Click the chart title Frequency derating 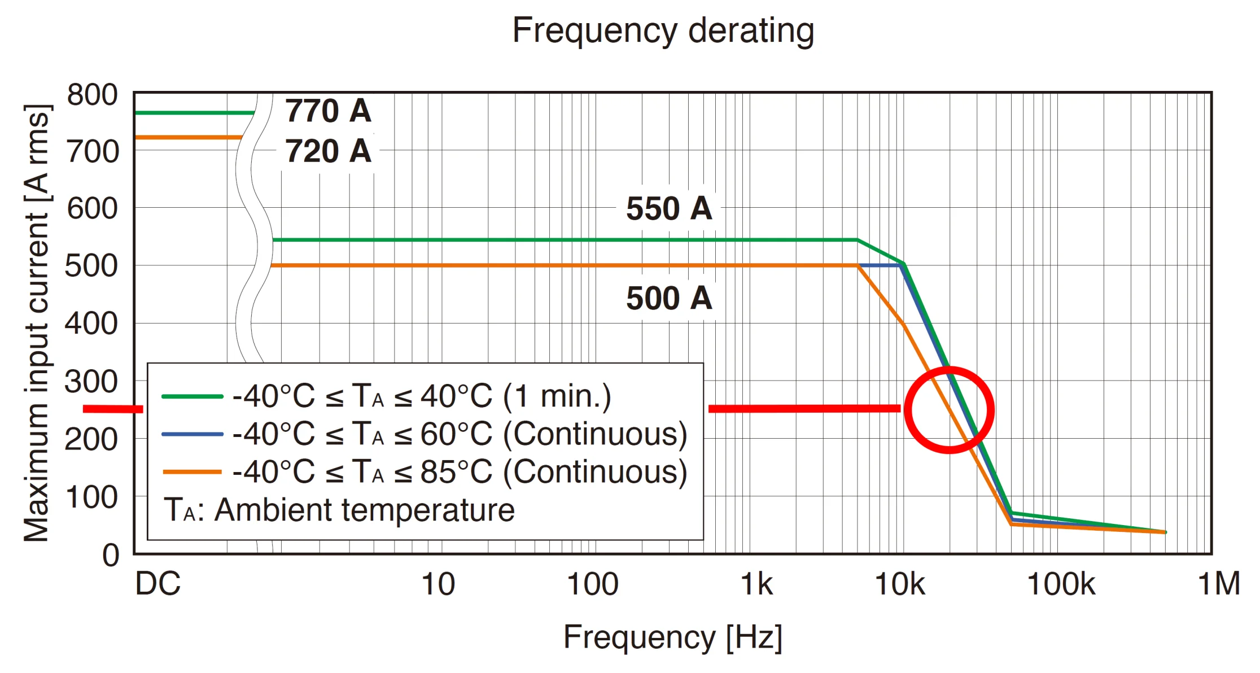(x=663, y=30)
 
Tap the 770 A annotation (x=328, y=110)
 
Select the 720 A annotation (x=328, y=151)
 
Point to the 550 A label (x=669, y=208)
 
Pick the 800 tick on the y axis (x=93, y=94)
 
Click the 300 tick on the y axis (x=91, y=382)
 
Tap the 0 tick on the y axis (x=111, y=555)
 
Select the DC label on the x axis (x=158, y=584)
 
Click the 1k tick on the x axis (x=756, y=584)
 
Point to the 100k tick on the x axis (x=1061, y=584)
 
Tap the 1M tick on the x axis (x=1219, y=584)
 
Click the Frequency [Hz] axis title (x=673, y=637)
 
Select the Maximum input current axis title (x=37, y=323)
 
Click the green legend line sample (x=192, y=396)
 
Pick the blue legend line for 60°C (x=192, y=434)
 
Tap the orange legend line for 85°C (x=192, y=472)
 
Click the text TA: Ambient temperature (x=339, y=510)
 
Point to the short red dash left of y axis (x=113, y=409)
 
